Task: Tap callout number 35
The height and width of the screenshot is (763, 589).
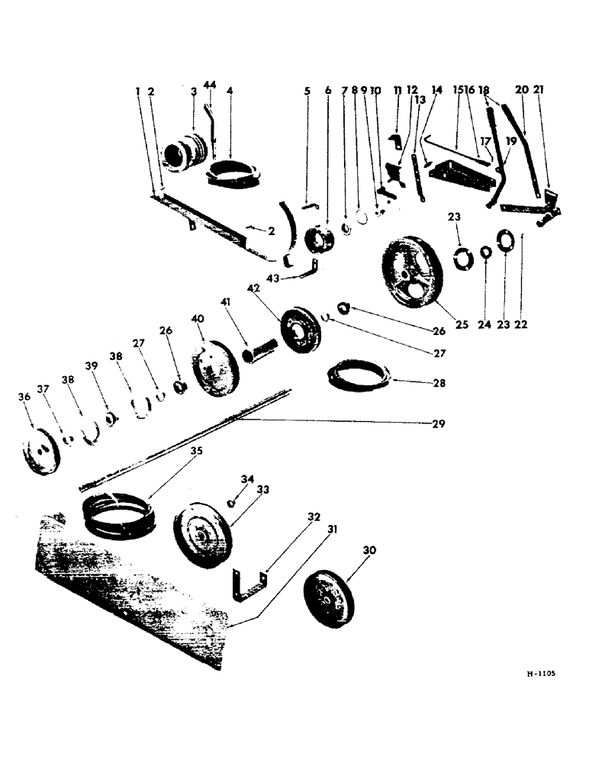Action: coord(196,452)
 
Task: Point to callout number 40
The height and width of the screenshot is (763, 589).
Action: coord(198,318)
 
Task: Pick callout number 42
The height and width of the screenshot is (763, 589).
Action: coord(254,288)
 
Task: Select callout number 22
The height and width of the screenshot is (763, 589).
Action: coord(521,324)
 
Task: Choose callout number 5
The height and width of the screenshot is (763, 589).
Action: coord(307,91)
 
